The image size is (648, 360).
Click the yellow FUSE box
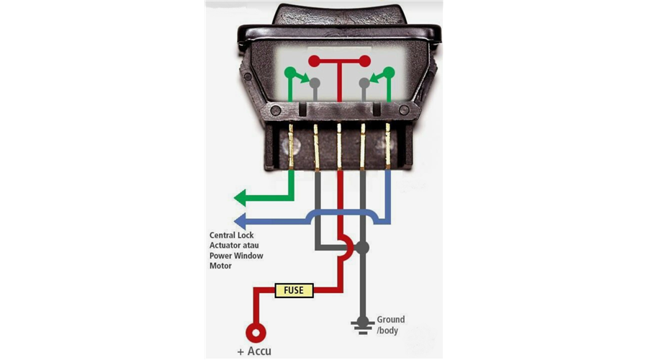(x=294, y=290)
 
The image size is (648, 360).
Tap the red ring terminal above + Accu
(x=256, y=333)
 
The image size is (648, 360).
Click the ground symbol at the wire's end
(x=362, y=325)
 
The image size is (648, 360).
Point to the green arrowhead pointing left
(x=240, y=197)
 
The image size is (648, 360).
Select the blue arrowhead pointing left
(x=240, y=221)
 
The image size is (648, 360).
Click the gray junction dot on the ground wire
(x=362, y=248)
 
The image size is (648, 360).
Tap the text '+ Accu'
(x=254, y=351)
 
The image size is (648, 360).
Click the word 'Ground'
(x=390, y=320)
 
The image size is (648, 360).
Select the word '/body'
(x=387, y=330)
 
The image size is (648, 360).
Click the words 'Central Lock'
(x=231, y=235)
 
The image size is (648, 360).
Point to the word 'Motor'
(x=220, y=266)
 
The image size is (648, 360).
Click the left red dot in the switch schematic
(x=314, y=61)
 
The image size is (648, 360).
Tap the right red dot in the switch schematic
(x=365, y=61)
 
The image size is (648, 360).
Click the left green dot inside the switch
(x=291, y=73)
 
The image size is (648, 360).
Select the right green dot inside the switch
(x=389, y=73)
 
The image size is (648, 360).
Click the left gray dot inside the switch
(x=315, y=83)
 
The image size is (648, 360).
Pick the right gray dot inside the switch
(x=364, y=83)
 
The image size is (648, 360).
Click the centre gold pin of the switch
(x=339, y=146)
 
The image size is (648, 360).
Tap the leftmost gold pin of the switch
(x=291, y=146)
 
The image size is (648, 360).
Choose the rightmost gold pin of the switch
(x=387, y=146)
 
